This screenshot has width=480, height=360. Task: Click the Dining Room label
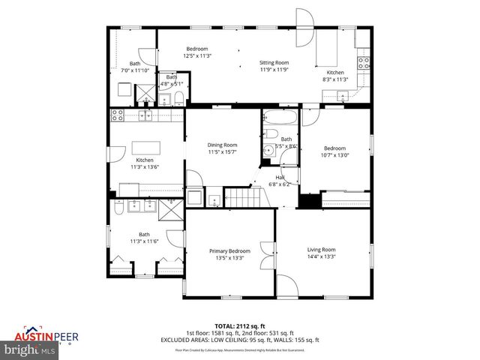pyautogui.click(x=223, y=145)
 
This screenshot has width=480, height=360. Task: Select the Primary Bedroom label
pyautogui.click(x=229, y=250)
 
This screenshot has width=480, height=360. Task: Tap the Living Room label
pyautogui.click(x=321, y=250)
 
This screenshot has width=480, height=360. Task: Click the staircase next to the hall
pyautogui.click(x=241, y=198)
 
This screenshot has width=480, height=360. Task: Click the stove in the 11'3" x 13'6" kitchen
pyautogui.click(x=117, y=115)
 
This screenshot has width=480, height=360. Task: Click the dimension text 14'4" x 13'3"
pyautogui.click(x=321, y=257)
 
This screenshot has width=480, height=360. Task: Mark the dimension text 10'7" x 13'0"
pyautogui.click(x=335, y=155)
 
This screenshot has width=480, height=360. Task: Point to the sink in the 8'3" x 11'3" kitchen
pyautogui.click(x=342, y=94)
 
